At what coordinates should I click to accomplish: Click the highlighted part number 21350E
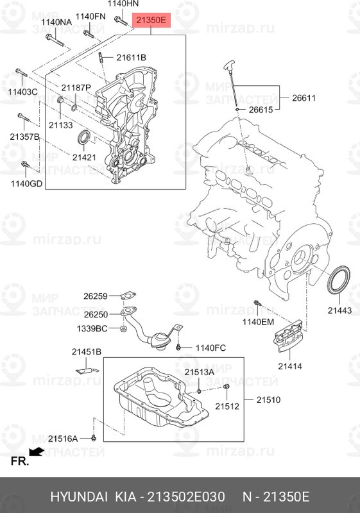(151, 21)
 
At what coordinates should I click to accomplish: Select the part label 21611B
(132, 58)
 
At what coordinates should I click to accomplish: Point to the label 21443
(339, 310)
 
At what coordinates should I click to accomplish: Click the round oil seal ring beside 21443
(339, 282)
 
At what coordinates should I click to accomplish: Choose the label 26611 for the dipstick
(304, 98)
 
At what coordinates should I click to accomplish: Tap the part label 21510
(269, 399)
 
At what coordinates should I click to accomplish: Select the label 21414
(291, 366)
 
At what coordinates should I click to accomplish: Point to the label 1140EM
(257, 321)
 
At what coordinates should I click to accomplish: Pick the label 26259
(95, 296)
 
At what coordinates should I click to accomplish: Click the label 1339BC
(92, 328)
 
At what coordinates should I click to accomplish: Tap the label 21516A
(65, 438)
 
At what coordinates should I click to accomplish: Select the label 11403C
(23, 92)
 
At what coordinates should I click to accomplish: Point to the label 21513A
(200, 372)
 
